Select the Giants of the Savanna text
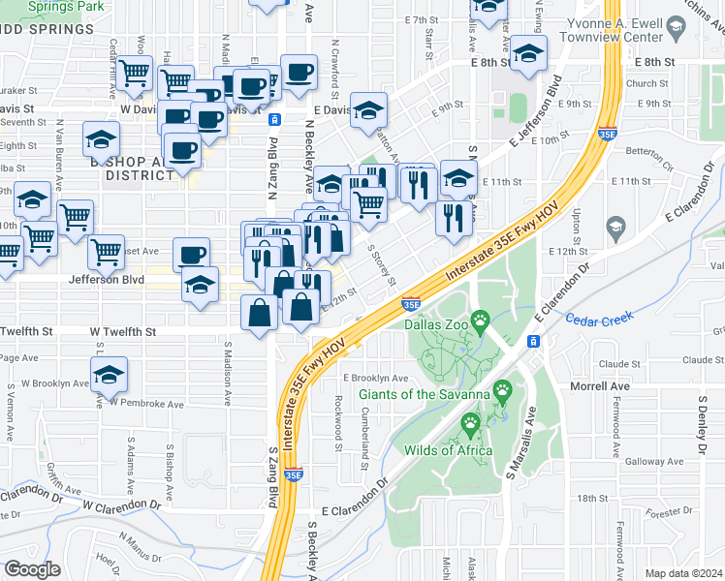[x=425, y=394]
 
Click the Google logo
[x=33, y=568]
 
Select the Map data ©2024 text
[x=684, y=573]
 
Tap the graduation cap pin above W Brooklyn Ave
[x=110, y=374]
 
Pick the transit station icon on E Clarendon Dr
[x=533, y=342]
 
